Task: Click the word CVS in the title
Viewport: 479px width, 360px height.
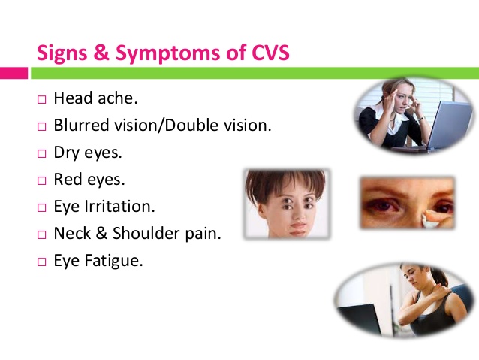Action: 270,53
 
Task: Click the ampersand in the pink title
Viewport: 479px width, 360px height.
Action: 101,53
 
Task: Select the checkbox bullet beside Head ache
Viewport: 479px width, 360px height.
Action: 42,100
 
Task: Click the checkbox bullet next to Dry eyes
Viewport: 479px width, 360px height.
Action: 42,153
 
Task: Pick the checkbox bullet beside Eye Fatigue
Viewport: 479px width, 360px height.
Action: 42,262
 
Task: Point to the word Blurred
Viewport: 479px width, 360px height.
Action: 81,125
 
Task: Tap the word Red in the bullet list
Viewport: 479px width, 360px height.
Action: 68,179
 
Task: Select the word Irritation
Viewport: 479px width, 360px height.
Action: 120,206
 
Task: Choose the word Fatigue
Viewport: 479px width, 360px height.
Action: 113,261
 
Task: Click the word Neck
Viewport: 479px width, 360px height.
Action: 72,233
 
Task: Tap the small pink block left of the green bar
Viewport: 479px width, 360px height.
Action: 14,73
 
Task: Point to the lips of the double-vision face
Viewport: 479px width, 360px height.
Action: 297,228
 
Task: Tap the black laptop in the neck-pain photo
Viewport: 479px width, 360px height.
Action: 360,319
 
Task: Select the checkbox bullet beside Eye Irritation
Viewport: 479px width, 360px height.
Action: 42,208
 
